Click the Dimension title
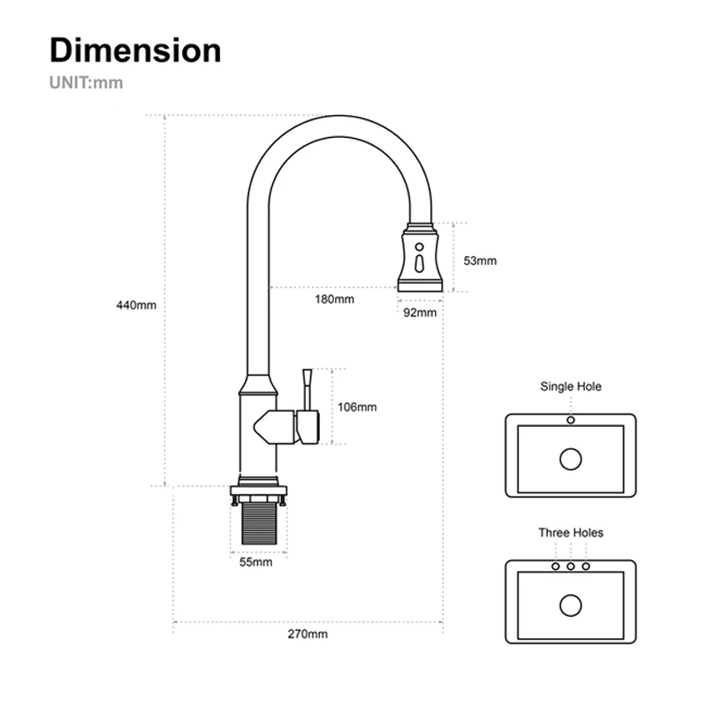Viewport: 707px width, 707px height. tap(135, 50)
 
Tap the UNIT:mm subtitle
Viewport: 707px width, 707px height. tap(86, 84)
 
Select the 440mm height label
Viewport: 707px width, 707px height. tap(136, 306)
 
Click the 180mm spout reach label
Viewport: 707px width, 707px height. tap(335, 300)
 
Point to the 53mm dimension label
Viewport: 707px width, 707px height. tap(480, 261)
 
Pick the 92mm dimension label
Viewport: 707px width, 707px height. tap(420, 312)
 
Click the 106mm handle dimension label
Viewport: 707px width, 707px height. tap(357, 407)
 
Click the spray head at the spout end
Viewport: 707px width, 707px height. tap(420, 258)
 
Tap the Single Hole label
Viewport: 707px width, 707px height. tap(571, 386)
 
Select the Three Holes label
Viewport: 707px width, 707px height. tap(571, 533)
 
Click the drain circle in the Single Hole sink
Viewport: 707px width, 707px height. tap(571, 459)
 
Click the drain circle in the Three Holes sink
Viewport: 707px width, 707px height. tap(571, 605)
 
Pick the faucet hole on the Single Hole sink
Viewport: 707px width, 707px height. tap(571, 420)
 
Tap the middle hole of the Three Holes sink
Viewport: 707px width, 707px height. tap(571, 566)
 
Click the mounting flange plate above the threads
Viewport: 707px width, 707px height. tap(259, 490)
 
